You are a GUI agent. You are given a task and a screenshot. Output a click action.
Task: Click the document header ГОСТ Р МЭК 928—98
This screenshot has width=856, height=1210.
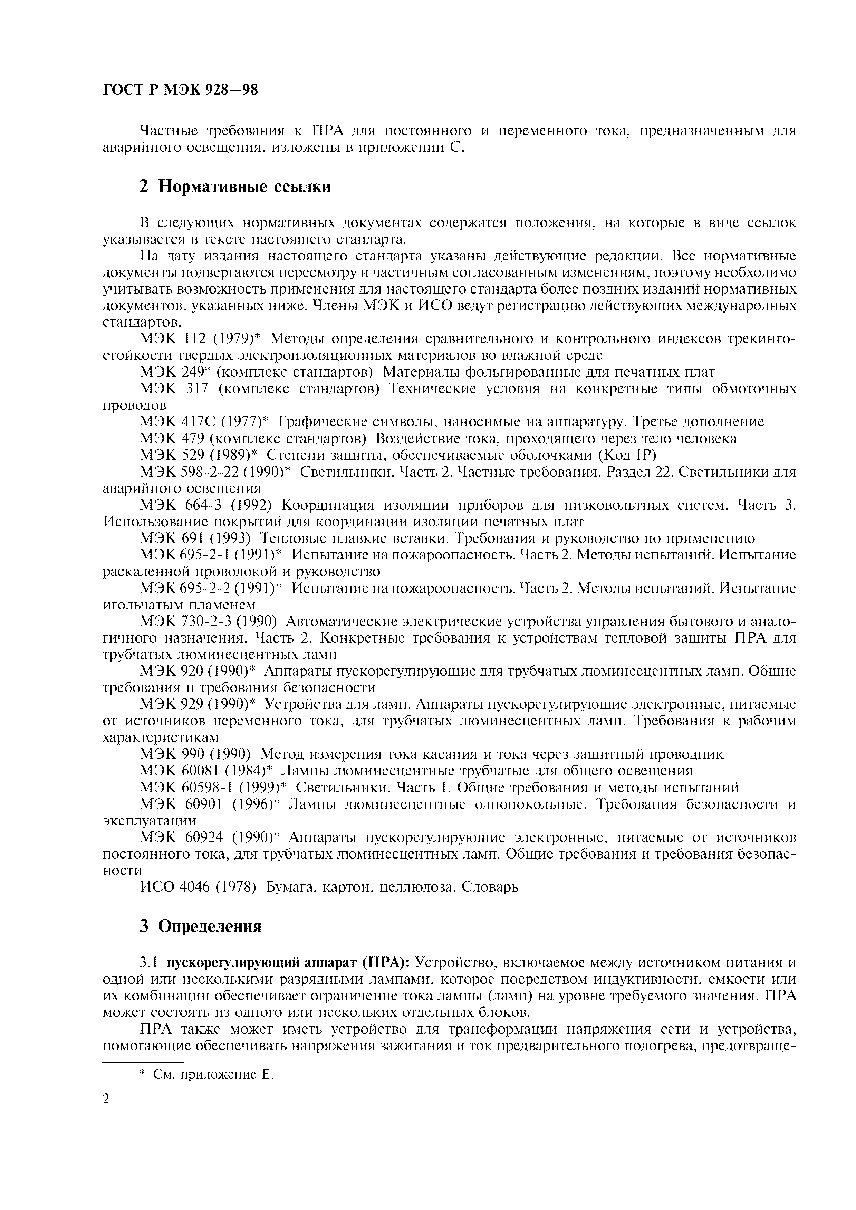180,90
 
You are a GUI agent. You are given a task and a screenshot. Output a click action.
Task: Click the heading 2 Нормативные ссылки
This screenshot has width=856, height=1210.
235,187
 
